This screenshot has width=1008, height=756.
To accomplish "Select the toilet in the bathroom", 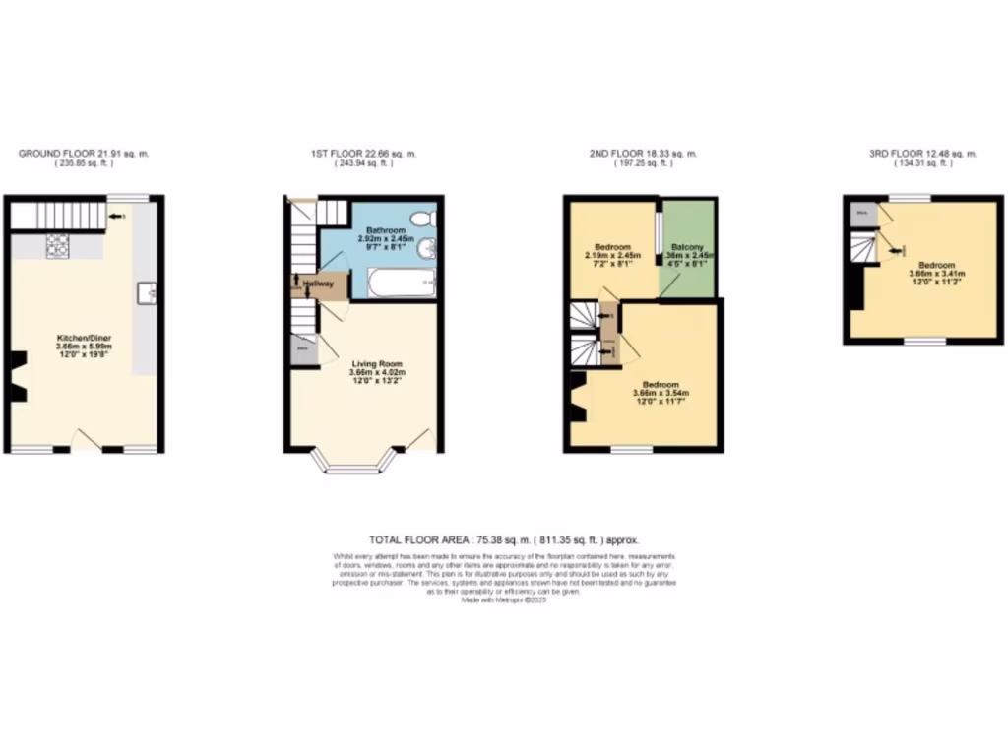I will coord(421,218).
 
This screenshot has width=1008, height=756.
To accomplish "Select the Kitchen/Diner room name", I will coord(84,338).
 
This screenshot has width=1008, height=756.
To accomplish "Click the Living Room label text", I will coord(376,361).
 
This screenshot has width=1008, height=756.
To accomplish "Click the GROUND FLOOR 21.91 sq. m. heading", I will coord(84,154).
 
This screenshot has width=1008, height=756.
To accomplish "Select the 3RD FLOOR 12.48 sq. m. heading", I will coord(922,154).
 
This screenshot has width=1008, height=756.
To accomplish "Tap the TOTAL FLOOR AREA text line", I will coord(504,540).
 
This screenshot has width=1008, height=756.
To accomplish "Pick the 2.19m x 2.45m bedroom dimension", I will coord(611,255).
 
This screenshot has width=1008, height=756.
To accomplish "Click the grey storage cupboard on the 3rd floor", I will coord(862,212).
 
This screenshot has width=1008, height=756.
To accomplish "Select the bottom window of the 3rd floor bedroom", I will coord(925,342).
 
